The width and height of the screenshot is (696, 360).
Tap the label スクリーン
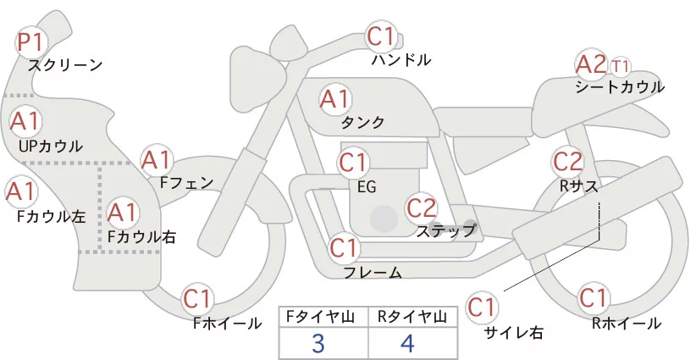[65, 64]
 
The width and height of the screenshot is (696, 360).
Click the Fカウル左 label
[51, 216]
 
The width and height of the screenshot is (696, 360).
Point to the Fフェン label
[186, 182]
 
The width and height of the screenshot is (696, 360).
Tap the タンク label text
[363, 123]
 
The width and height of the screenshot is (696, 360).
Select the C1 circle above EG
[354, 162]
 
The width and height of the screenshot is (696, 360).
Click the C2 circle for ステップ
[422, 207]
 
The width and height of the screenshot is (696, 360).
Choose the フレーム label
[373, 272]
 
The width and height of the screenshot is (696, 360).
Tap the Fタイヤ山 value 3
[323, 344]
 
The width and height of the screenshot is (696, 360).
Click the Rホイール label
[627, 323]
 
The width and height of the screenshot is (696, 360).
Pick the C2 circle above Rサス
[567, 161]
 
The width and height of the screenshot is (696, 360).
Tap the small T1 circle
[621, 65]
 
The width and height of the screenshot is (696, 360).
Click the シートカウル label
[619, 86]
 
